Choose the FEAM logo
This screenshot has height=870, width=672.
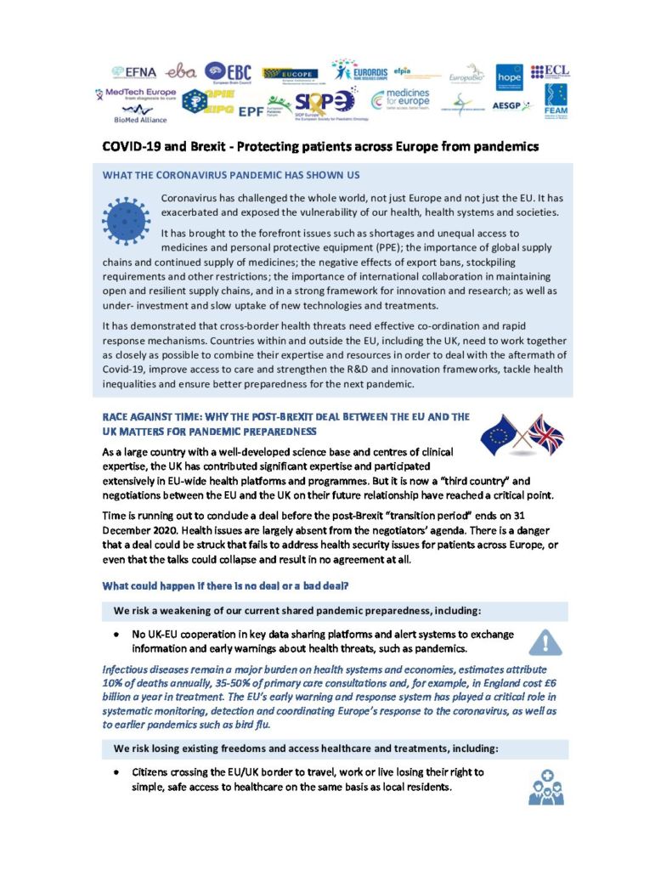click(x=556, y=99)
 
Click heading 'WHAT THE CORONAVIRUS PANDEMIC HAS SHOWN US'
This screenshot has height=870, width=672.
click(x=231, y=175)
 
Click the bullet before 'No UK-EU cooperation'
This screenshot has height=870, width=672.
click(x=116, y=635)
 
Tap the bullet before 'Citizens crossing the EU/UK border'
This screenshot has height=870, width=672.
click(x=116, y=774)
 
